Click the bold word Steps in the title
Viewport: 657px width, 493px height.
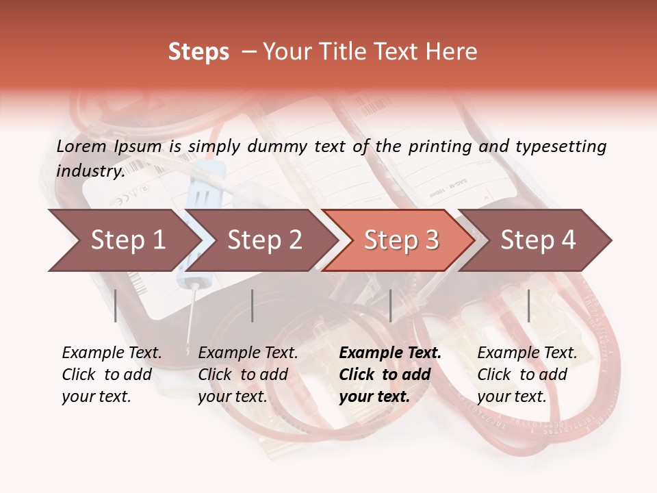[x=198, y=52]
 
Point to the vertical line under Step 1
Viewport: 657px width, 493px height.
[x=116, y=305]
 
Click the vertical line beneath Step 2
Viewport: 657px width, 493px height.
[x=253, y=305]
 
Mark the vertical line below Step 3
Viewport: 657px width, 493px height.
[x=390, y=305]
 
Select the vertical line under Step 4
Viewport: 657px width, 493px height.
[x=528, y=305]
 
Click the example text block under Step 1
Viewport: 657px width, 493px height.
[x=112, y=375]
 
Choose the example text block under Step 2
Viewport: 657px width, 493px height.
[x=248, y=375]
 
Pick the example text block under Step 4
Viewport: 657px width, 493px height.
[x=527, y=375]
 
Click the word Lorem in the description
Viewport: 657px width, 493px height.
[x=81, y=146]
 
